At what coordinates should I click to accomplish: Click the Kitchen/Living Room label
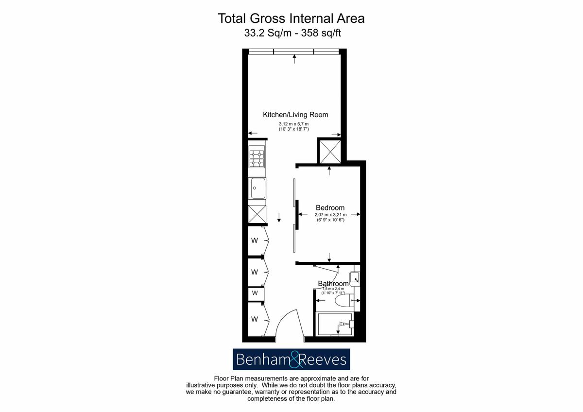(x=295, y=115)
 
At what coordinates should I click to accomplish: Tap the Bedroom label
(x=330, y=207)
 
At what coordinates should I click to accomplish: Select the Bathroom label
(x=333, y=284)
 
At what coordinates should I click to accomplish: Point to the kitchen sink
(x=257, y=188)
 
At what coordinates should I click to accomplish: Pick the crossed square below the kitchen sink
(x=257, y=213)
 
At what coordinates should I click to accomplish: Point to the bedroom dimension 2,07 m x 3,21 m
(x=330, y=215)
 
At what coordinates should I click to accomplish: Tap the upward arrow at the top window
(x=294, y=59)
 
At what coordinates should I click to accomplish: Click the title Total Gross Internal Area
(x=291, y=18)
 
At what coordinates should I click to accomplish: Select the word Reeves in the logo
(x=322, y=360)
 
